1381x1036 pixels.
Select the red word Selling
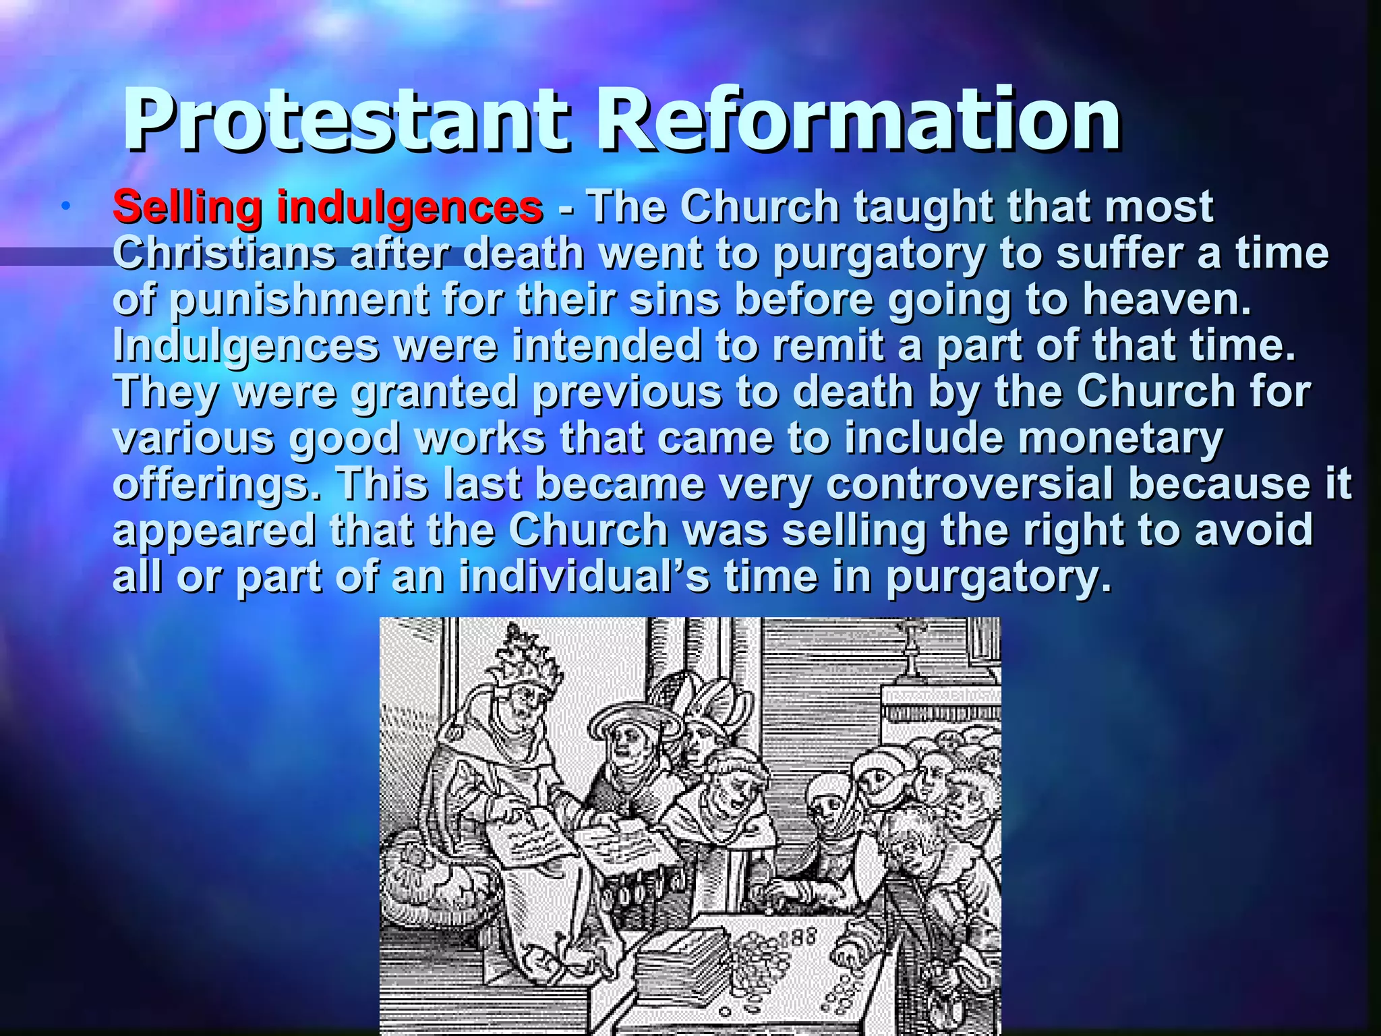coord(187,206)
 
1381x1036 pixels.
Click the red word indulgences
coord(409,206)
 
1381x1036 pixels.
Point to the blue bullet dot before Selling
coord(65,206)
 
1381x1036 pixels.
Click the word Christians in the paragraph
coord(223,254)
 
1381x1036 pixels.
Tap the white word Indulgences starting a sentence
coord(245,346)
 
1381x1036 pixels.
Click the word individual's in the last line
coord(584,577)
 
